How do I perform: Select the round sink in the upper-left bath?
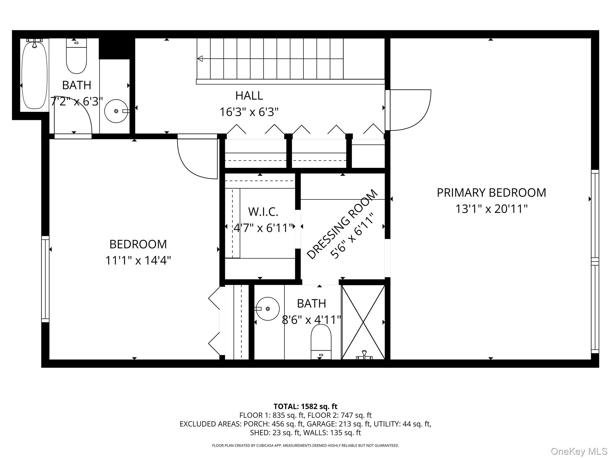[x=116, y=111]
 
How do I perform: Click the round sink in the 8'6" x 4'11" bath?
[x=268, y=309]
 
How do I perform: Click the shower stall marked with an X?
[x=363, y=322]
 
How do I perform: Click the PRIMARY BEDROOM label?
[x=491, y=193]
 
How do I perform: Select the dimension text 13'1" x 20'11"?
[x=491, y=209]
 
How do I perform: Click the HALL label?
[x=249, y=96]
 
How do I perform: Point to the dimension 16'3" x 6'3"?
[x=249, y=112]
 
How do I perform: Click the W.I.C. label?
[x=263, y=212]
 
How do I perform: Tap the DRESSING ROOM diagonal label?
[x=342, y=225]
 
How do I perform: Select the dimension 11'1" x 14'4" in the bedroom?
[x=138, y=261]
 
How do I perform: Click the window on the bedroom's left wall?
[x=45, y=279]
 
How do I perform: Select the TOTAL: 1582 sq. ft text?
[x=305, y=406]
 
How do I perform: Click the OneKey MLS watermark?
[x=579, y=451]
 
